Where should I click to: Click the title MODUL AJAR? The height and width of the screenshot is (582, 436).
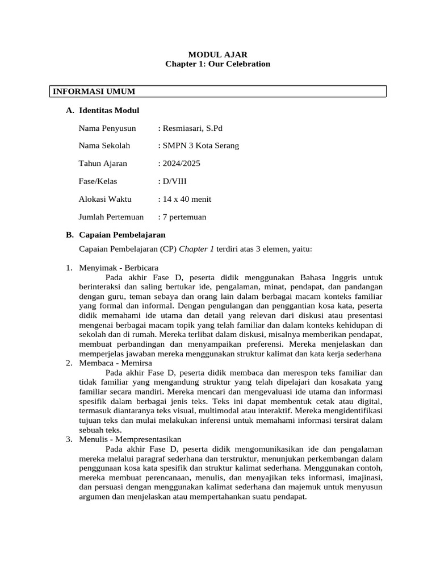point(217,55)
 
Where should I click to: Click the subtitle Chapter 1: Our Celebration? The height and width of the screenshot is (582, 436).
point(217,64)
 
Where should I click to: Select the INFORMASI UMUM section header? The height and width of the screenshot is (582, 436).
point(94,92)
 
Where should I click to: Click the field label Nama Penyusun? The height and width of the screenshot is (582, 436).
point(107,128)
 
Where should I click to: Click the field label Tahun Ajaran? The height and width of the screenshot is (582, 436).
point(103,164)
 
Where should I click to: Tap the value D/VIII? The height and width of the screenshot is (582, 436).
point(174,181)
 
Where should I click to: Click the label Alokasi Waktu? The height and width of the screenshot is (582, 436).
point(105,199)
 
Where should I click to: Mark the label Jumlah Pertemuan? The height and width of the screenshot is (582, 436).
point(111,217)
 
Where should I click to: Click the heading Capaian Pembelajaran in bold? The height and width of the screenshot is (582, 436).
point(122,235)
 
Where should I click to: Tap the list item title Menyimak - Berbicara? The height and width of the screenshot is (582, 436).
point(119,268)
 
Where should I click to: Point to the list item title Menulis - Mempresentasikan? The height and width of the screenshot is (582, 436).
point(130,439)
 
